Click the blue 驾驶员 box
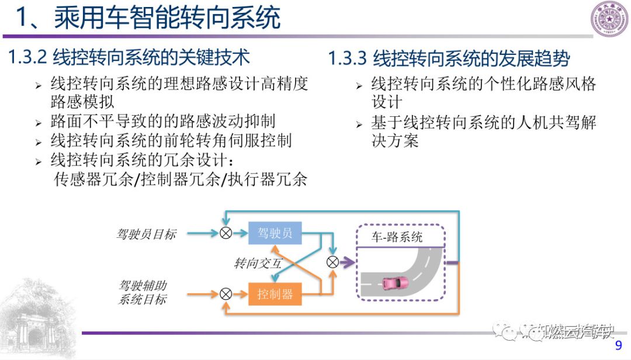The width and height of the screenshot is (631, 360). pos(275,233)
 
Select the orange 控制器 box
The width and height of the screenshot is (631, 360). pos(275,294)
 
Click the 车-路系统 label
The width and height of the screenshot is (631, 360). pos(397,237)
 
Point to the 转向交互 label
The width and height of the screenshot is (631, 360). pos(258,264)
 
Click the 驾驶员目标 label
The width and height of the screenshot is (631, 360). pos(145,234)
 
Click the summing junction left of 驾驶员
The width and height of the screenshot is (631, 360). pos(226,233)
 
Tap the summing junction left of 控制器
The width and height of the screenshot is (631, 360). pos(226,294)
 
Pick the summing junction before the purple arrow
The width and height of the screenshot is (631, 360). pos(332,262)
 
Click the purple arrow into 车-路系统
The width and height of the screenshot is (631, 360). pos(347,262)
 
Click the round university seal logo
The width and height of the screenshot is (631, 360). pos(609,19)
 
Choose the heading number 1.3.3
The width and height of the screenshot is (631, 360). pos(347,58)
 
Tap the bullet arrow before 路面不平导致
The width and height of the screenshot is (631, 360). pos(39,123)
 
